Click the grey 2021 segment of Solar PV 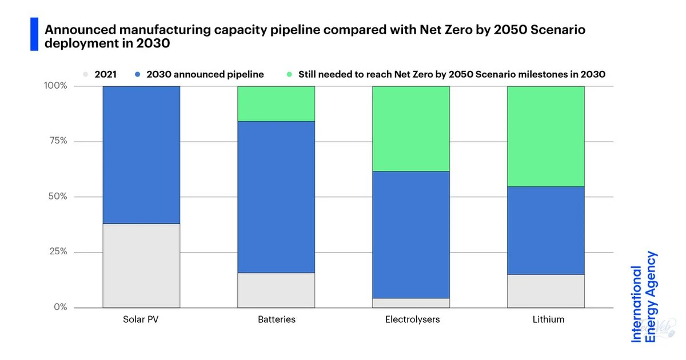click(x=142, y=266)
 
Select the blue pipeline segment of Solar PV click(x=142, y=155)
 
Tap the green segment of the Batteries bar click(x=276, y=104)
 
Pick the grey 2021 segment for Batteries click(x=276, y=290)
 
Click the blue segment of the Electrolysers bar click(x=411, y=235)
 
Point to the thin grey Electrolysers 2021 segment click(x=411, y=303)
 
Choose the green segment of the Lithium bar click(x=546, y=137)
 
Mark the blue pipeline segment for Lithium click(x=546, y=230)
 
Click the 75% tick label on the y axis click(x=58, y=141)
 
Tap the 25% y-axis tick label click(x=58, y=251)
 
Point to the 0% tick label click(x=61, y=307)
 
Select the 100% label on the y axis click(x=55, y=86)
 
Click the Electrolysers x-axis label click(x=412, y=319)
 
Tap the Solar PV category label click(x=141, y=319)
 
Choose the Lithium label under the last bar click(x=548, y=319)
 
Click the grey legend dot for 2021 click(x=86, y=74)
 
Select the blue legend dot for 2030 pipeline click(x=138, y=74)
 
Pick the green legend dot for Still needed click(x=289, y=74)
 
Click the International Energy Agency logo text click(x=643, y=297)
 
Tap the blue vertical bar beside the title click(x=34, y=34)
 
